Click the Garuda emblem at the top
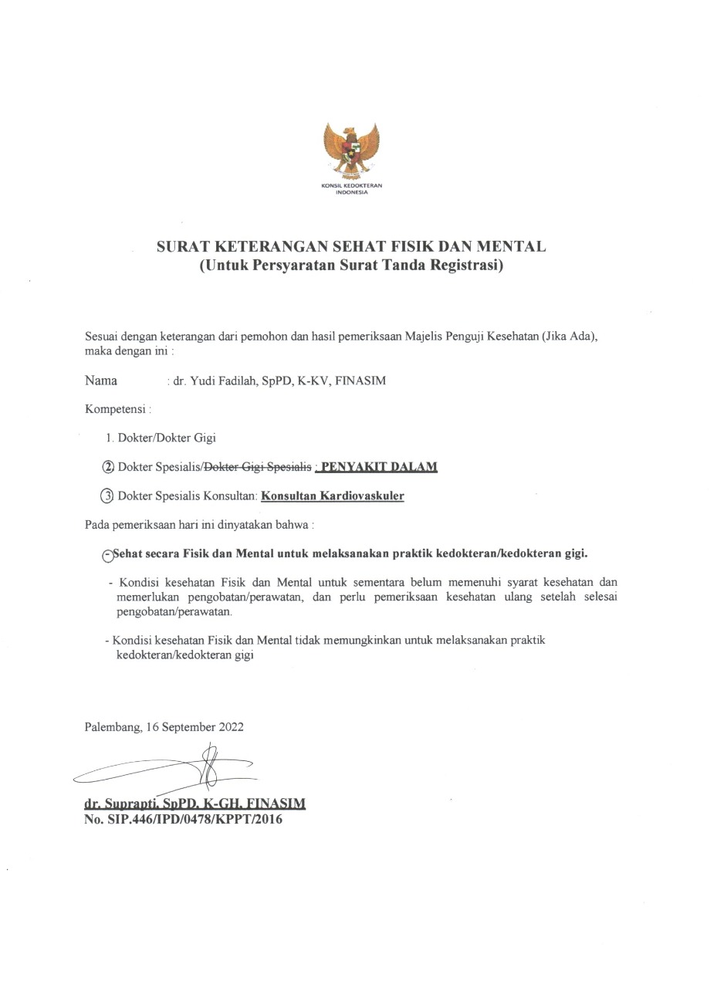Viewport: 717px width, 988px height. click(x=352, y=150)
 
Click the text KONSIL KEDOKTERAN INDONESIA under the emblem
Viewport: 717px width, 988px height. click(x=352, y=189)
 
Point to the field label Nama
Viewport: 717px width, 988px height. click(x=101, y=381)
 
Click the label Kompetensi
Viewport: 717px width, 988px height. click(x=116, y=408)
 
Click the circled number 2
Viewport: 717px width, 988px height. click(x=108, y=467)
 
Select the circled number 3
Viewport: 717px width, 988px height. click(x=107, y=496)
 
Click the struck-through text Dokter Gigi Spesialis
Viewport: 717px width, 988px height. click(x=258, y=467)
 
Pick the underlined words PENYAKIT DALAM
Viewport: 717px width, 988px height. click(x=379, y=467)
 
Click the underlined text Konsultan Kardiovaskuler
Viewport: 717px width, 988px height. click(x=333, y=496)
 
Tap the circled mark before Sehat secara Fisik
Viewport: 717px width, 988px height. click(x=107, y=554)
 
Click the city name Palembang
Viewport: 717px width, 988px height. click(x=112, y=727)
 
